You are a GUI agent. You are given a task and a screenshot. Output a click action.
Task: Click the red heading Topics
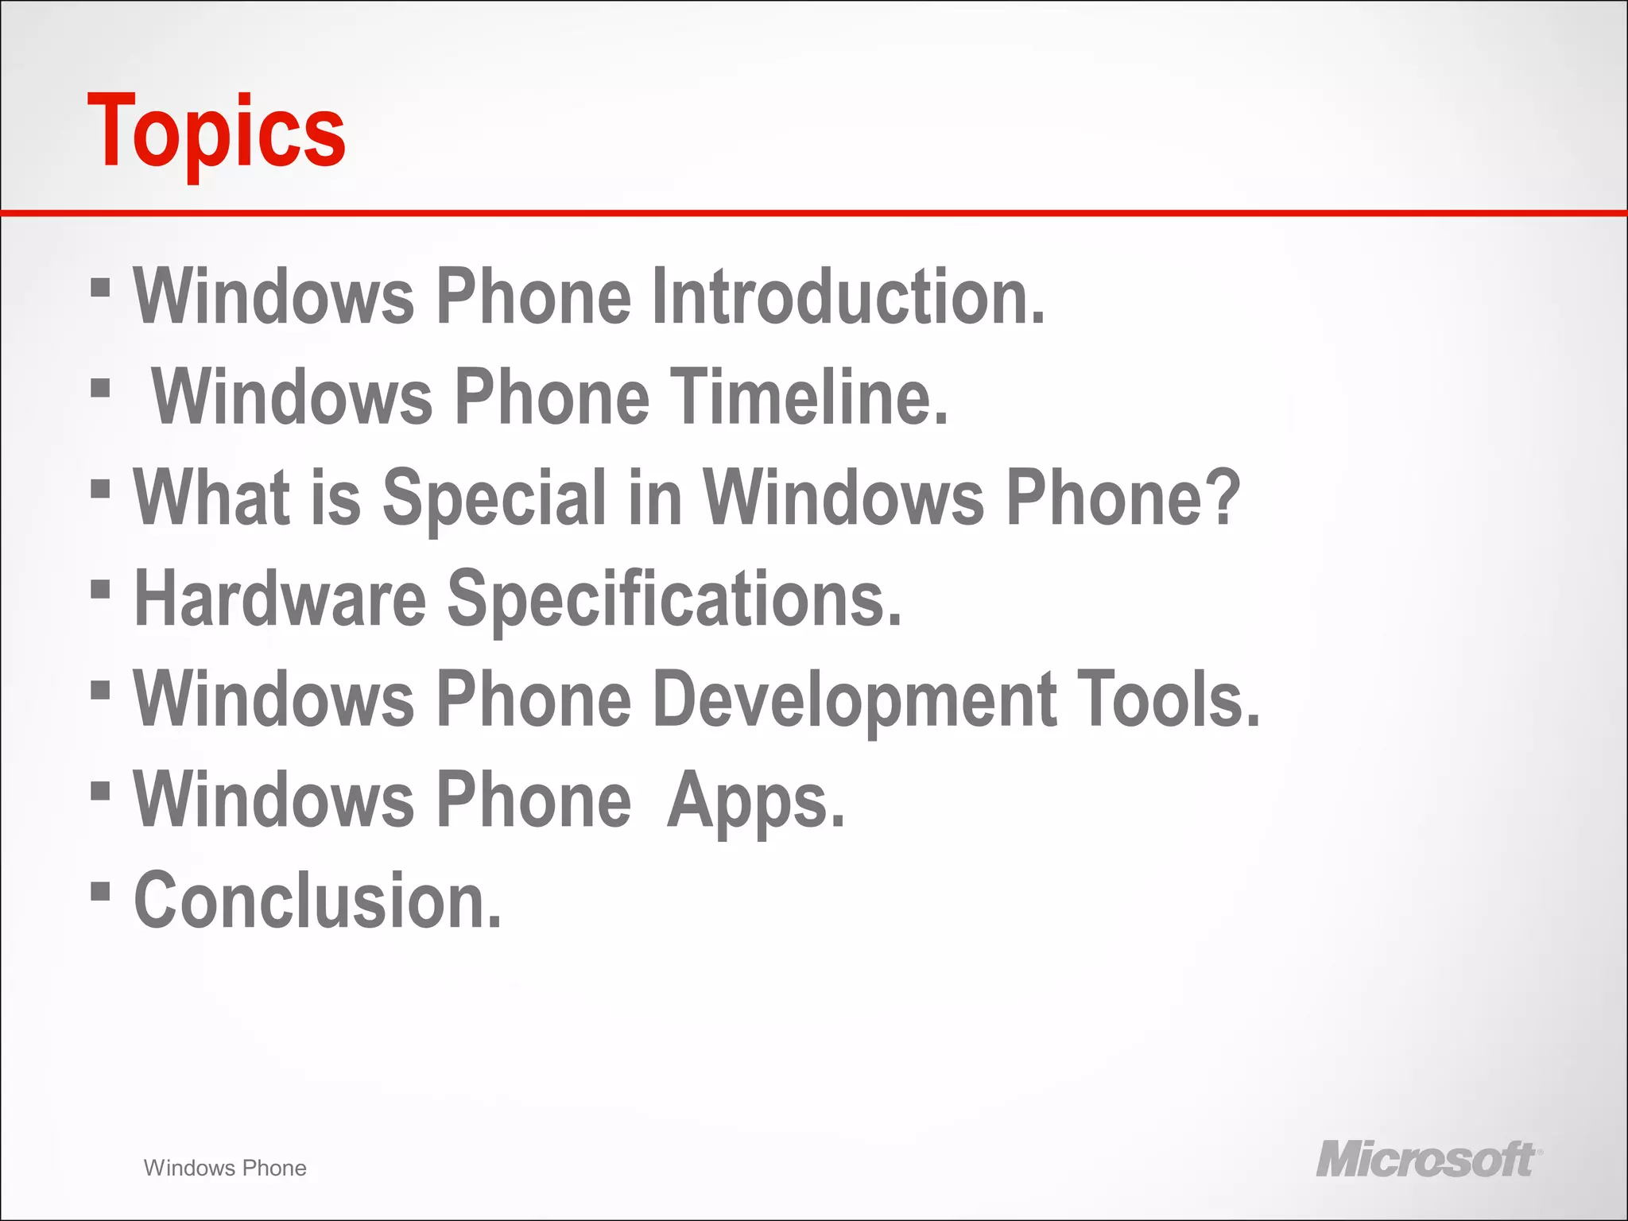tap(216, 132)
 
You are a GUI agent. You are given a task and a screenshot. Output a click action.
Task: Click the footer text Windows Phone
tap(225, 1168)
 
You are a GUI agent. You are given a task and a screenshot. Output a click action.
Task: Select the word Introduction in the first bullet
tap(848, 297)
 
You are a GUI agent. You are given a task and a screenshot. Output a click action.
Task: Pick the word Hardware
tap(281, 599)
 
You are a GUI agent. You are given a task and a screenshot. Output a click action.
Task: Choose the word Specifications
tap(675, 600)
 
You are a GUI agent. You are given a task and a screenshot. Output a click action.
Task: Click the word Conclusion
tap(318, 901)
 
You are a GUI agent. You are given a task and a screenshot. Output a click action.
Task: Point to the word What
tap(211, 498)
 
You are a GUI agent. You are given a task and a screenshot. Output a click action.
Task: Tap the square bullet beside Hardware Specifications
tap(100, 589)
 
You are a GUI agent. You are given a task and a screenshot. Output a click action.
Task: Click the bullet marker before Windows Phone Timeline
tap(100, 388)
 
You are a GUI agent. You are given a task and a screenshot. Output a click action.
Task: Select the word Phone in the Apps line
tap(534, 800)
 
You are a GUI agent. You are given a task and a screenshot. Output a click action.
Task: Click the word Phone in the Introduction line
tap(534, 297)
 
